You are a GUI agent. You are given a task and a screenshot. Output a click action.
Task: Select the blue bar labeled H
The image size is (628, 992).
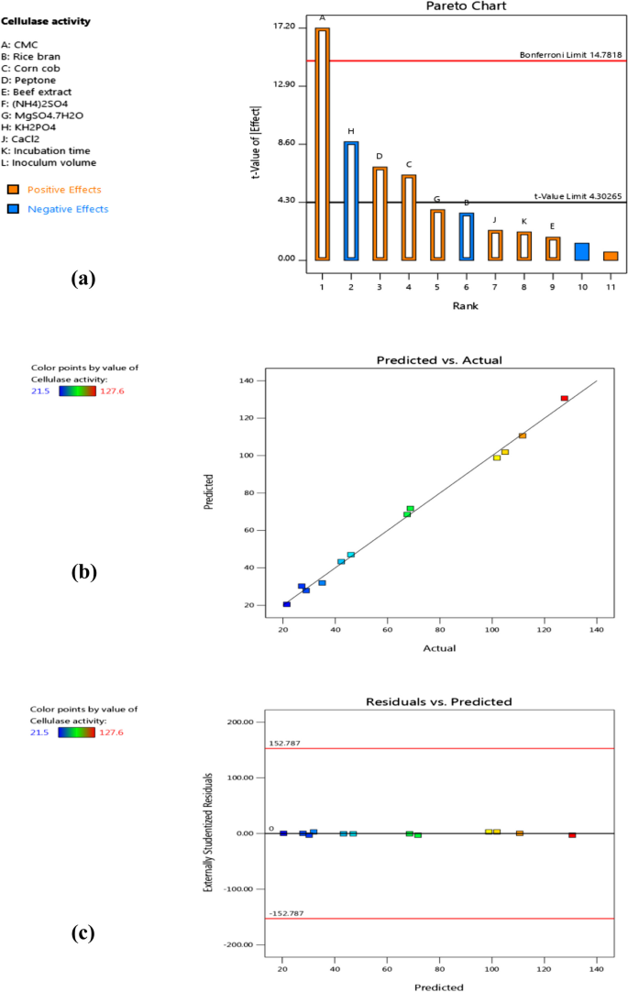[350, 201]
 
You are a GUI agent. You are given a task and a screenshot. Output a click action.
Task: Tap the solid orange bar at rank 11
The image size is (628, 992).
[611, 256]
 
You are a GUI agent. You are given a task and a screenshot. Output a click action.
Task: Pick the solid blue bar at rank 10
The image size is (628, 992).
[581, 251]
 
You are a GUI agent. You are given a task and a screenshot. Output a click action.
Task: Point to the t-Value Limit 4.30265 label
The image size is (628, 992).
[578, 196]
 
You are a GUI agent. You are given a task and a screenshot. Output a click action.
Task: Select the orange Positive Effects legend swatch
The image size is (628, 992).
[14, 190]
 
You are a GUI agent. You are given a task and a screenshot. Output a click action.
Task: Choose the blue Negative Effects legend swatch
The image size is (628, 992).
[14, 209]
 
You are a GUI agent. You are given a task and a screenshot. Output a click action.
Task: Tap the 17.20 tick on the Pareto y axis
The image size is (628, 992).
[284, 28]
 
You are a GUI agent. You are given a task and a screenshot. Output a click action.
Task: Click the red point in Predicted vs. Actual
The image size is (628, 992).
[564, 398]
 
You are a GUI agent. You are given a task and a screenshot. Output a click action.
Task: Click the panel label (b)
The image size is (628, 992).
[83, 574]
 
